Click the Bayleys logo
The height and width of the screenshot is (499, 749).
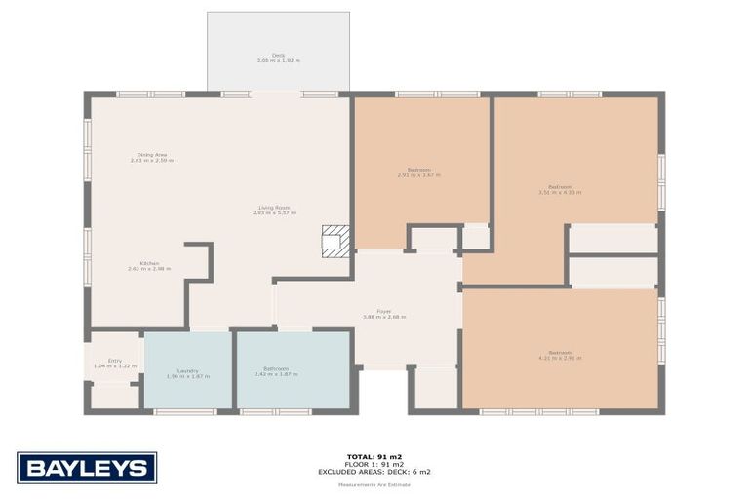click(x=86, y=468)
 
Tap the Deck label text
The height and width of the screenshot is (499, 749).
click(x=278, y=55)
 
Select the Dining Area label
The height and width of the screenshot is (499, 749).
click(x=151, y=154)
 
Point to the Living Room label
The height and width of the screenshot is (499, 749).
click(x=274, y=207)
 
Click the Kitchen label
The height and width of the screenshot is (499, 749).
click(x=149, y=263)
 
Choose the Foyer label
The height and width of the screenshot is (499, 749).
click(x=383, y=311)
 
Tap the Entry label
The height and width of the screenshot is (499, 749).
click(x=115, y=361)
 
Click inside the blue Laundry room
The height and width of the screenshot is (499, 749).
click(x=187, y=385)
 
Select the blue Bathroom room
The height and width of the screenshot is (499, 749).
click(x=293, y=385)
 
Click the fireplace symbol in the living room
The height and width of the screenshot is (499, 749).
click(x=334, y=240)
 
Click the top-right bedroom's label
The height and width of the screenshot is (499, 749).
click(x=559, y=189)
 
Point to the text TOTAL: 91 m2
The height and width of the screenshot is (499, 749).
click(x=374, y=455)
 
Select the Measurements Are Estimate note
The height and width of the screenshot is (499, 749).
click(x=374, y=484)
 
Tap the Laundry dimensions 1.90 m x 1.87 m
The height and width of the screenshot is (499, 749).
click(x=188, y=376)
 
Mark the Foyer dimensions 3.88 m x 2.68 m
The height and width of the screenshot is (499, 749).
click(x=383, y=317)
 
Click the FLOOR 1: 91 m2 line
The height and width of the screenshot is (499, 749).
click(x=374, y=463)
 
